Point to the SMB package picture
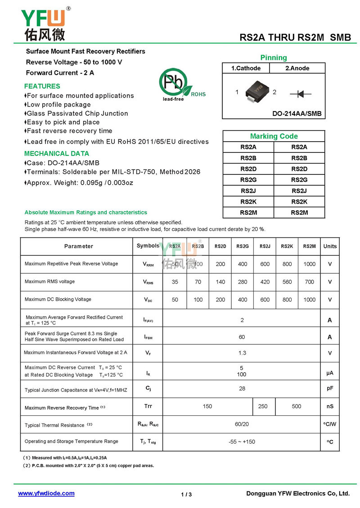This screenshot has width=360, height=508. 255,91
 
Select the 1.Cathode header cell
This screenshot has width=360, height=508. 246,68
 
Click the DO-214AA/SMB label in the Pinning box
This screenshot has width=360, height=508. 297,114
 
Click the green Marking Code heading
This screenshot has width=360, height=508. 274,136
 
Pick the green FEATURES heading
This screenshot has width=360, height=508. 42,86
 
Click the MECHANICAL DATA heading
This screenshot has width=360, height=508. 56,153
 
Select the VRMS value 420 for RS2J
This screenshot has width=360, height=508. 265,282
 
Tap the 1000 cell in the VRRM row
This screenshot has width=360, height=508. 310,264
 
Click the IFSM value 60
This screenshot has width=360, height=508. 242,337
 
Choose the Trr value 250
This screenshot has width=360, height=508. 263,406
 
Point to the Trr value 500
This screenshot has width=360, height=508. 297,406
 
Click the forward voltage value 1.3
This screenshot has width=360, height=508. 242,353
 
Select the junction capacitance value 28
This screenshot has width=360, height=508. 242,388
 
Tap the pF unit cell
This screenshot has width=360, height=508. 330,388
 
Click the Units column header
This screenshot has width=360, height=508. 330,246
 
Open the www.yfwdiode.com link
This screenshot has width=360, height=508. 46,493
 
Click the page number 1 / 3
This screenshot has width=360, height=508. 186,495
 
